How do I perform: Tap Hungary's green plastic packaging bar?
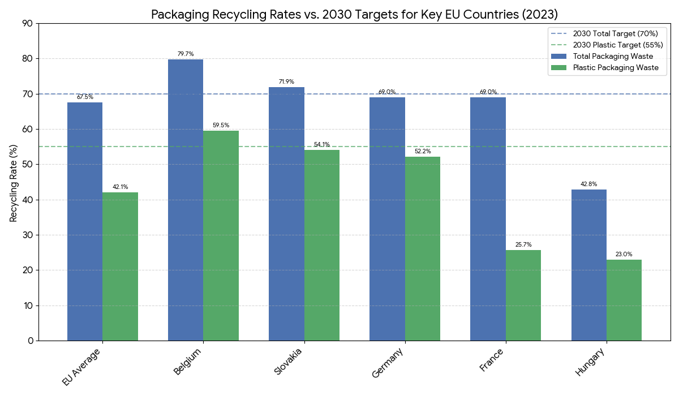click(624, 300)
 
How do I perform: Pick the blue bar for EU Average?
click(85, 221)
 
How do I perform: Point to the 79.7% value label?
click(186, 54)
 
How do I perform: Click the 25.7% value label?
click(523, 245)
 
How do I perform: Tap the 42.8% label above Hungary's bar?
click(589, 184)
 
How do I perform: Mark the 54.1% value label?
click(322, 145)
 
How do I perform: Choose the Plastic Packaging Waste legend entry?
click(616, 67)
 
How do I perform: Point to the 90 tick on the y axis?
click(28, 24)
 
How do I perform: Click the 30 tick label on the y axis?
click(28, 235)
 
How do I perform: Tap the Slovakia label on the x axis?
click(288, 362)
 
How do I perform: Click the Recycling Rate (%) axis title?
click(14, 182)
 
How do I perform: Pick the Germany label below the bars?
click(388, 364)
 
